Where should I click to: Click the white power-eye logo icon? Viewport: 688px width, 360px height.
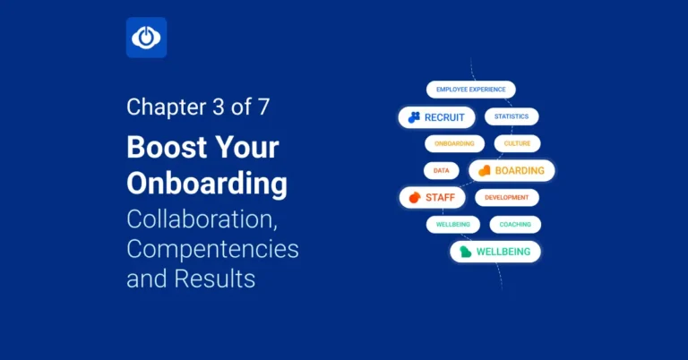146,38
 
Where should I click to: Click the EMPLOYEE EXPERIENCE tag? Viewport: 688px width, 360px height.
470,90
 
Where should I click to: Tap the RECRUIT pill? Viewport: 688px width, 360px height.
436,117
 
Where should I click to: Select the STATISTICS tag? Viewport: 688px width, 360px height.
512,116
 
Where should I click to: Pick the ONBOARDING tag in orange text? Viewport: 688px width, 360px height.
454,143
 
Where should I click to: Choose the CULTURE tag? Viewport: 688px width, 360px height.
517,143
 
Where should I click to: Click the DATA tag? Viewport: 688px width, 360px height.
441,170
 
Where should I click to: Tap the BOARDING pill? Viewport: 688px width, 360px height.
512,170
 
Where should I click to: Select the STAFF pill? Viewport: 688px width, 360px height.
432,197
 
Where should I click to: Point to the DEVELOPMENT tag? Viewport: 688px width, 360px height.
507,197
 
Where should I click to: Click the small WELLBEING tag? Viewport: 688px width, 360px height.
453,224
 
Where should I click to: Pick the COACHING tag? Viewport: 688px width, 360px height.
515,224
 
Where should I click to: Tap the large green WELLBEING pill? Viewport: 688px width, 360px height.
495,252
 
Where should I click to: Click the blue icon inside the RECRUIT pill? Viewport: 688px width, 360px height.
414,117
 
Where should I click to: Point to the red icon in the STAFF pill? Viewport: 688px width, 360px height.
414,197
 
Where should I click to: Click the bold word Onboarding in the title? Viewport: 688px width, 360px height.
207,183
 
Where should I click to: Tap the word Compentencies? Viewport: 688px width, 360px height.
212,247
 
